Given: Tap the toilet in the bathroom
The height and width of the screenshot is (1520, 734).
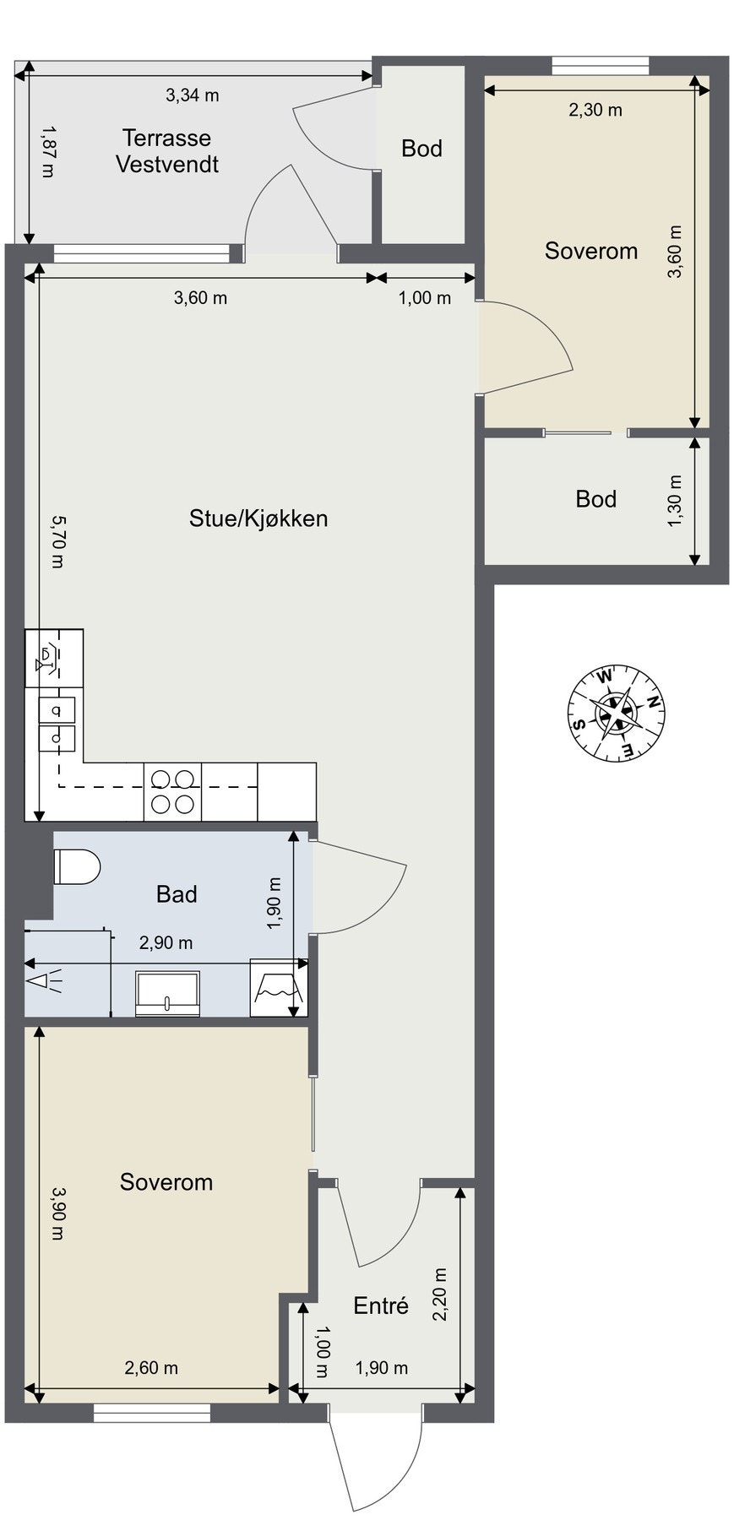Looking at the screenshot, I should pyautogui.click(x=77, y=866).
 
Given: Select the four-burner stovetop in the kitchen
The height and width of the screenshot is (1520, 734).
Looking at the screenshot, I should pyautogui.click(x=172, y=791).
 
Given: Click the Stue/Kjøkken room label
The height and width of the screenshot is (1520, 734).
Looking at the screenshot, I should pyautogui.click(x=258, y=518).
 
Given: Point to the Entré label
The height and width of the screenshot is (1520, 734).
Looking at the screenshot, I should pyautogui.click(x=381, y=1306).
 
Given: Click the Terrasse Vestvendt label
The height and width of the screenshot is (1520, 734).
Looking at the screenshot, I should pyautogui.click(x=167, y=151).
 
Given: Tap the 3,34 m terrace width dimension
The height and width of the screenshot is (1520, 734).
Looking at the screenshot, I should pyautogui.click(x=193, y=95).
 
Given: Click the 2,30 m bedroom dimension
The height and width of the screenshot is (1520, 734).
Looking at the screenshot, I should pyautogui.click(x=595, y=110).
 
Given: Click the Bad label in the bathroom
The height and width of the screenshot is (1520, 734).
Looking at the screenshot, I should pyautogui.click(x=177, y=894).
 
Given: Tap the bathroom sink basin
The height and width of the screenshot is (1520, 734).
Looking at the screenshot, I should pyautogui.click(x=168, y=992).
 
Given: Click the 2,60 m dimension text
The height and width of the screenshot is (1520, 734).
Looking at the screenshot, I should pyautogui.click(x=152, y=1367).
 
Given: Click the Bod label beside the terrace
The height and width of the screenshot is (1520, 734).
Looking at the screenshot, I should pyautogui.click(x=421, y=149).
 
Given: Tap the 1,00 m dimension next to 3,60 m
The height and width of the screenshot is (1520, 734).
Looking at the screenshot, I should pyautogui.click(x=425, y=298).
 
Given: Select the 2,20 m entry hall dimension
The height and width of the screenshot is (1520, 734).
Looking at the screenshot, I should pyautogui.click(x=440, y=1295).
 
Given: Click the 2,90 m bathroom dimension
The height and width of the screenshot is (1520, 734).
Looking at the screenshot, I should pyautogui.click(x=166, y=942).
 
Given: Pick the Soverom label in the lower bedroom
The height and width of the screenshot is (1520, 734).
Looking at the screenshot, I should pyautogui.click(x=166, y=1182).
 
